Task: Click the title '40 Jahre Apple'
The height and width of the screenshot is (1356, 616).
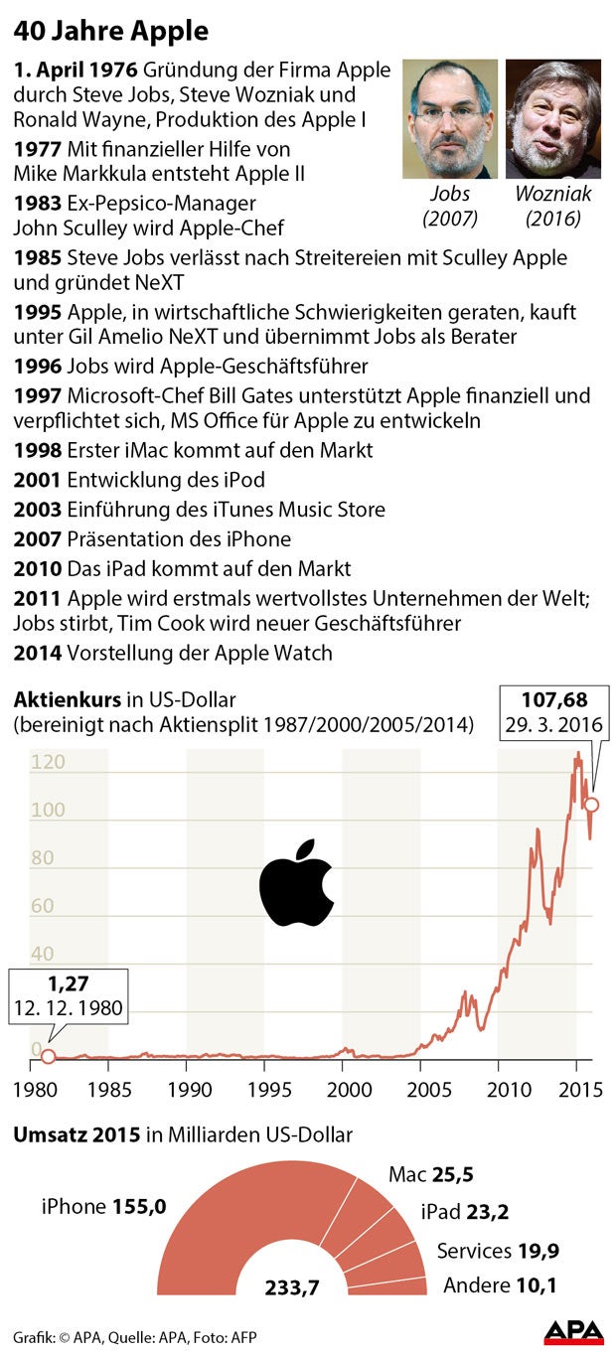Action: [x=111, y=32]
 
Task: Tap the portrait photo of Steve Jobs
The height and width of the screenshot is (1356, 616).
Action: [x=450, y=118]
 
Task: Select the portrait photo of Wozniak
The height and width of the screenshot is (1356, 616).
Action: [x=552, y=118]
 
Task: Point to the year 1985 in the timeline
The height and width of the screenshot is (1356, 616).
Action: [x=37, y=257]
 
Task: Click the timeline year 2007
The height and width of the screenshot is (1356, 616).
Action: [x=37, y=539]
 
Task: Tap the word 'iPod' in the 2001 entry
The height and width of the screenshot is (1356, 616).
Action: [x=246, y=480]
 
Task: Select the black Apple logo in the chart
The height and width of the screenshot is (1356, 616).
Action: [x=295, y=884]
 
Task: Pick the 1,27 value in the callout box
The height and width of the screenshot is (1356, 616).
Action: [x=69, y=984]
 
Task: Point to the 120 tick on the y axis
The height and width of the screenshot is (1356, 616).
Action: [x=48, y=763]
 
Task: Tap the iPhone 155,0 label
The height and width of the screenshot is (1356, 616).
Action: [x=103, y=1206]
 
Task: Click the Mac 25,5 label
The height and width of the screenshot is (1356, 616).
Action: [x=430, y=1175]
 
